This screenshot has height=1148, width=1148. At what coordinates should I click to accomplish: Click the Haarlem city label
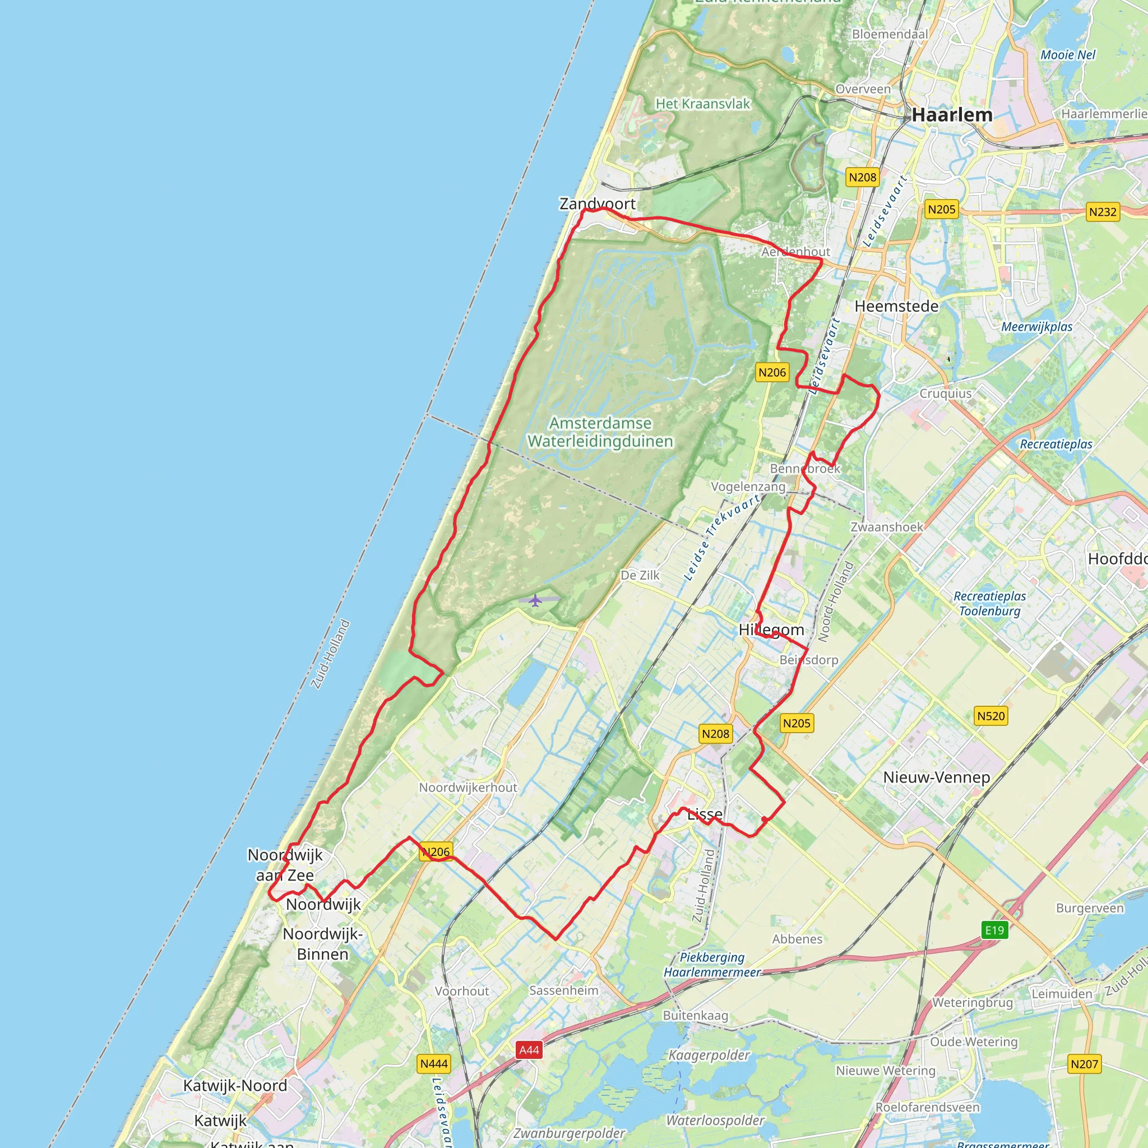(952, 115)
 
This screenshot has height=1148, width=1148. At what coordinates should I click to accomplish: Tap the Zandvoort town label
(597, 204)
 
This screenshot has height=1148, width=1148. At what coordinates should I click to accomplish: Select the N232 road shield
(1102, 212)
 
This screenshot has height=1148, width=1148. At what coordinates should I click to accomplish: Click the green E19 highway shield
(994, 930)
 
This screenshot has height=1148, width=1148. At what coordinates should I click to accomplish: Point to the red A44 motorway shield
(529, 1050)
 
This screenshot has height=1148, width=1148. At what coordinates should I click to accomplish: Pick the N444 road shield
(434, 1063)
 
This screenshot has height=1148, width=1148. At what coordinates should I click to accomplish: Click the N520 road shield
(990, 716)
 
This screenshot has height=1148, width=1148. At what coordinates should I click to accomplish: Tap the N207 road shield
(1084, 1063)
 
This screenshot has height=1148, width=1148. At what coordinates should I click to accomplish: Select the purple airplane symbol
(535, 600)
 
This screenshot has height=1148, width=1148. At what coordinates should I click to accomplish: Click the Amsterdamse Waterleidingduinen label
(600, 432)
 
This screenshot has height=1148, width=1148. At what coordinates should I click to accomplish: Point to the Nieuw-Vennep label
(937, 777)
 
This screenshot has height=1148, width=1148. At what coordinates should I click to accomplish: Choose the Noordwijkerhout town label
(467, 788)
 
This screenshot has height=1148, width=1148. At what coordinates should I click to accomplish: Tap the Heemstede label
(896, 307)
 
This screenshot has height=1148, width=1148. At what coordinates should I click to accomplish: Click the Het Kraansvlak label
(702, 104)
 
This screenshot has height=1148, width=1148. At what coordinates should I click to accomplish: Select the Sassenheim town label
(563, 990)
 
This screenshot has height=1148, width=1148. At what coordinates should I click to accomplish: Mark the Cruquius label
(946, 394)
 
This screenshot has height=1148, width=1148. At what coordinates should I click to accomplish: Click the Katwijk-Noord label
(235, 1086)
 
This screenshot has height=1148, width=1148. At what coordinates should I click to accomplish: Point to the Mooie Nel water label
(1067, 55)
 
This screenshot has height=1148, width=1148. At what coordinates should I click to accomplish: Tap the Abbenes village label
(797, 939)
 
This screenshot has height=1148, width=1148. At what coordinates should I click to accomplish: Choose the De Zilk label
(640, 575)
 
